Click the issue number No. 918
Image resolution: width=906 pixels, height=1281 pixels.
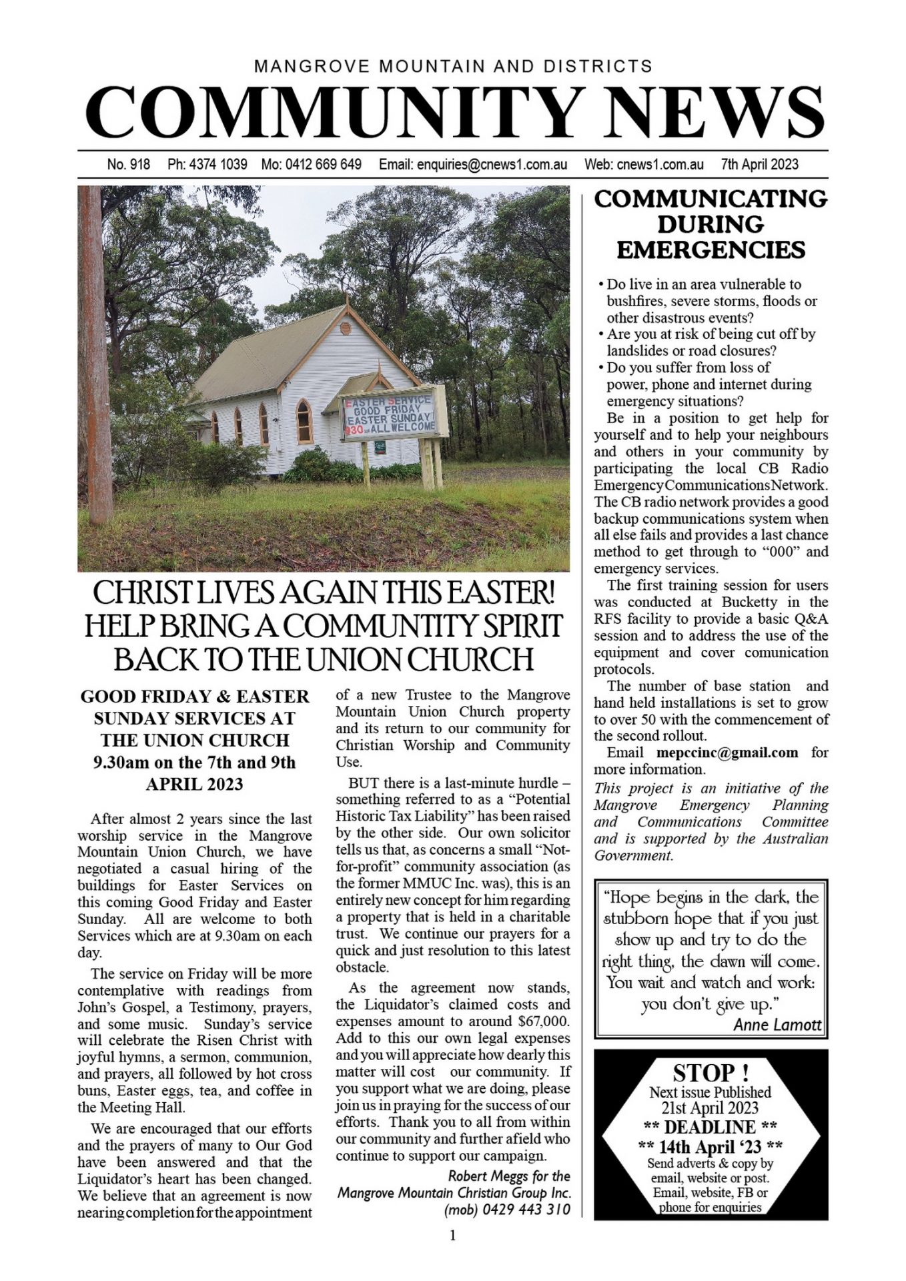[128, 164]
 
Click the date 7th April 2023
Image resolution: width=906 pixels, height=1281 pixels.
[759, 164]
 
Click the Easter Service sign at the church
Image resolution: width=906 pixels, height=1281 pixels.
[390, 414]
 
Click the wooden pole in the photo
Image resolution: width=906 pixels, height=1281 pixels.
[95, 354]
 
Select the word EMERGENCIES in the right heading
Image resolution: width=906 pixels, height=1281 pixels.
[711, 250]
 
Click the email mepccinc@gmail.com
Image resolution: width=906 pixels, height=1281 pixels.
[727, 753]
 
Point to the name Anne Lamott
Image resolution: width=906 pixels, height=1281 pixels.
[777, 1025]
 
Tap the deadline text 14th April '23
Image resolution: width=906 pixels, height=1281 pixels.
[711, 1147]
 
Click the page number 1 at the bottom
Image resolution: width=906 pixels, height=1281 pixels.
[453, 1236]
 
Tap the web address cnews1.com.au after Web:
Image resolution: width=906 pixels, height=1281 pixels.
[660, 164]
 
